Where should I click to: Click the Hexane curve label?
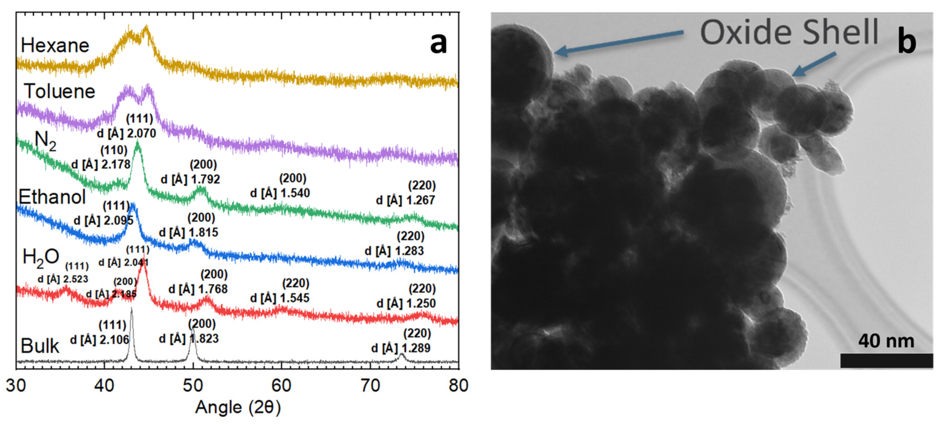[x=55, y=46]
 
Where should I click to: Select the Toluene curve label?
[x=59, y=91]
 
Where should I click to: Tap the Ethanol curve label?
[x=52, y=197]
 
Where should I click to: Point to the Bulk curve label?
[x=39, y=346]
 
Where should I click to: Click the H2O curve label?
[x=41, y=257]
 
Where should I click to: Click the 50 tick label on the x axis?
[x=193, y=386]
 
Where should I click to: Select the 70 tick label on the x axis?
[x=370, y=386]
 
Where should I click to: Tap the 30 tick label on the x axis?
[x=16, y=386]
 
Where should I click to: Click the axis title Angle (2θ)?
[x=238, y=408]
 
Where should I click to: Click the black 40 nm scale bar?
[x=886, y=360]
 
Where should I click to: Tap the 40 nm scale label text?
[x=886, y=341]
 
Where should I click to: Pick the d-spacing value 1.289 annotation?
[x=401, y=348]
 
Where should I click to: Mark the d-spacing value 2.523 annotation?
[x=63, y=279]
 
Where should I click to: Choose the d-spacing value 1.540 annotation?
[x=280, y=193]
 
